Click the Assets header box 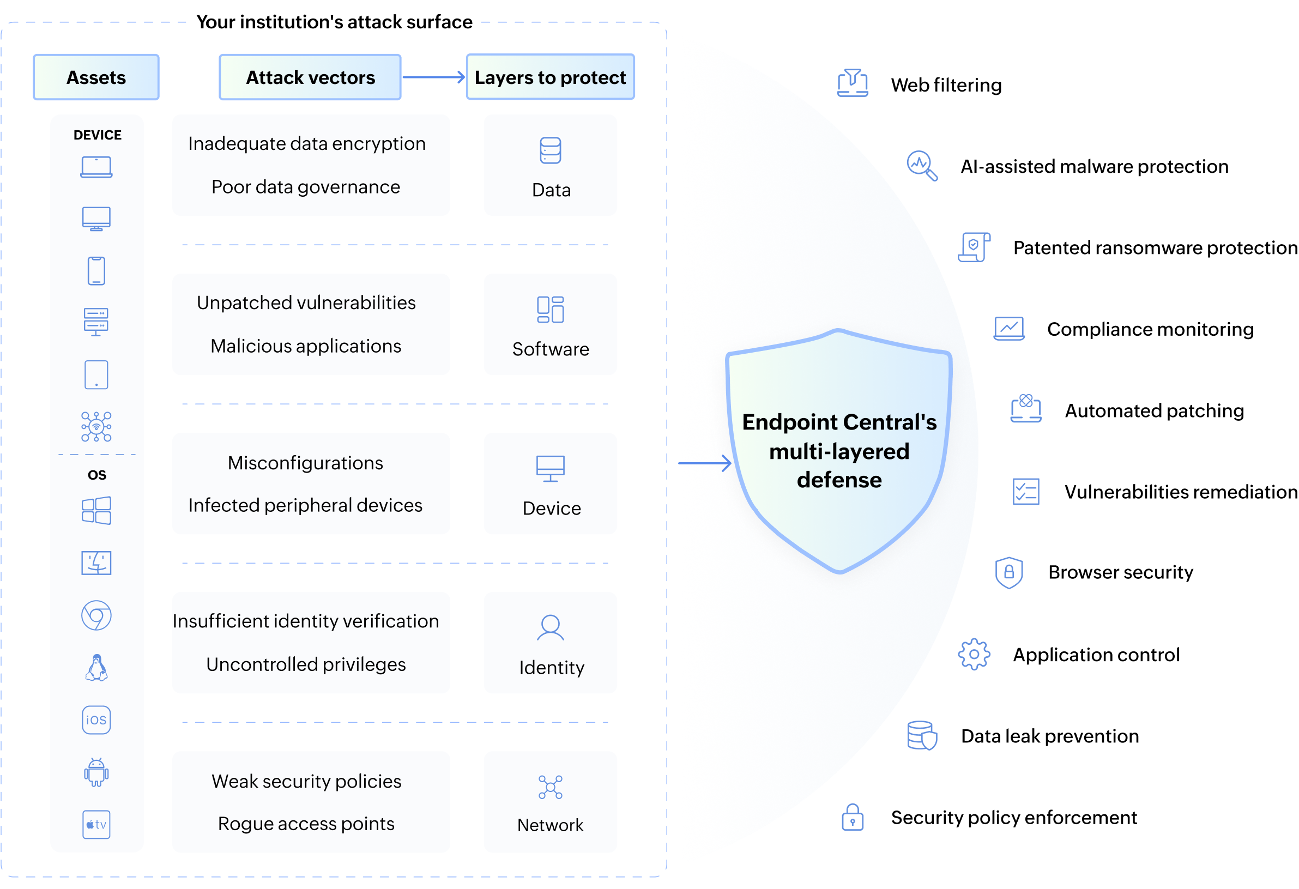[x=96, y=77]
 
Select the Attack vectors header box [x=310, y=77]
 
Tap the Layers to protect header [x=550, y=77]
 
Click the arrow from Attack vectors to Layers [x=434, y=77]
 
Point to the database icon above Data [x=551, y=150]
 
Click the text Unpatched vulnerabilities [x=306, y=303]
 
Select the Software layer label [x=551, y=349]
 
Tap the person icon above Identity [x=551, y=627]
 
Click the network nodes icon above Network [x=551, y=787]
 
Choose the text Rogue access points [x=306, y=824]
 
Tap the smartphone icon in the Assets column [x=96, y=271]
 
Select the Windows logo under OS [x=96, y=511]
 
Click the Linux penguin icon [x=96, y=668]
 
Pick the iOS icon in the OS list [x=96, y=719]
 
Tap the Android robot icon [x=96, y=772]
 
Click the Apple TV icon [x=96, y=825]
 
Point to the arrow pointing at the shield [x=704, y=463]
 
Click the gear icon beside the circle [x=974, y=654]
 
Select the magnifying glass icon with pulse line [x=922, y=165]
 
